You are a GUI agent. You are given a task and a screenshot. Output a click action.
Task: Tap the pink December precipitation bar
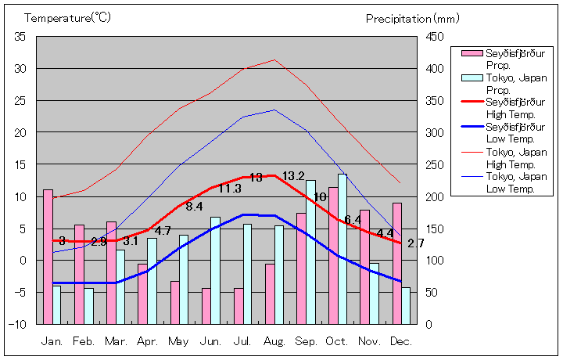397,263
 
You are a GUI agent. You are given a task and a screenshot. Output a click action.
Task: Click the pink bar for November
364,266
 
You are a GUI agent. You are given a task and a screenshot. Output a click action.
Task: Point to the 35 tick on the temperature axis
20,37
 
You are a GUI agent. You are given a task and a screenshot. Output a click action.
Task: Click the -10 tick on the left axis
19,324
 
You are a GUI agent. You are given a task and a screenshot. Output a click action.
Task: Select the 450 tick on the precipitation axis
436,37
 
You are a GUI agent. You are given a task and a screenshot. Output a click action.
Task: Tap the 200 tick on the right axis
436,196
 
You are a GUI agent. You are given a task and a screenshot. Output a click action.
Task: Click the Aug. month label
274,342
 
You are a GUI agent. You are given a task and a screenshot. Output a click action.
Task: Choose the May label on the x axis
178,342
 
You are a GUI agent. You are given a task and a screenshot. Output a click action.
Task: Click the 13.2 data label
293,176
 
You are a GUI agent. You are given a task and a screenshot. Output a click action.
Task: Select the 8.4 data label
195,207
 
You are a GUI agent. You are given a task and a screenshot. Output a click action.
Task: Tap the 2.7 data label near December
415,243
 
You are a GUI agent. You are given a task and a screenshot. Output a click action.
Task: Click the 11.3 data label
229,189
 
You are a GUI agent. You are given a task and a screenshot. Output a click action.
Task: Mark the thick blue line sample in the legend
468,126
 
